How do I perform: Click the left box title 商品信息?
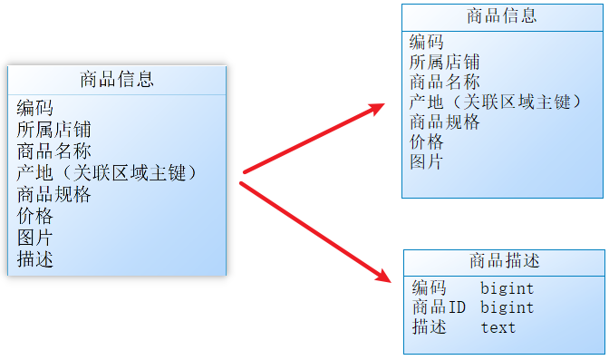tap(117, 80)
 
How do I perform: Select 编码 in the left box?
tap(34, 108)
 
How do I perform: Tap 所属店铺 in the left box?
tap(53, 130)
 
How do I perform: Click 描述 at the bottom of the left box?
tap(34, 259)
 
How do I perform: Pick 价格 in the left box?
tap(34, 216)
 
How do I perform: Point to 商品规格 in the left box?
tap(53, 194)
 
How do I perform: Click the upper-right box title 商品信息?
tap(502, 16)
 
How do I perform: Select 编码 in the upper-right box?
tap(426, 42)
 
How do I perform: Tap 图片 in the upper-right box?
tap(426, 161)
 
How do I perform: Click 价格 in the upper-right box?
tap(426, 141)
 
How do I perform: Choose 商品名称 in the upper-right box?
tap(444, 82)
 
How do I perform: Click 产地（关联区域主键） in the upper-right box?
tap(495, 102)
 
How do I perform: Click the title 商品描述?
tap(504, 261)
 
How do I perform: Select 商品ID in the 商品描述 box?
tap(439, 307)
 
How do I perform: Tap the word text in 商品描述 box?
tap(498, 327)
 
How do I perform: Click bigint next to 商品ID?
tap(507, 307)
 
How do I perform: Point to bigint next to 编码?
tap(507, 288)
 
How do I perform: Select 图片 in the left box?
tap(34, 238)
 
